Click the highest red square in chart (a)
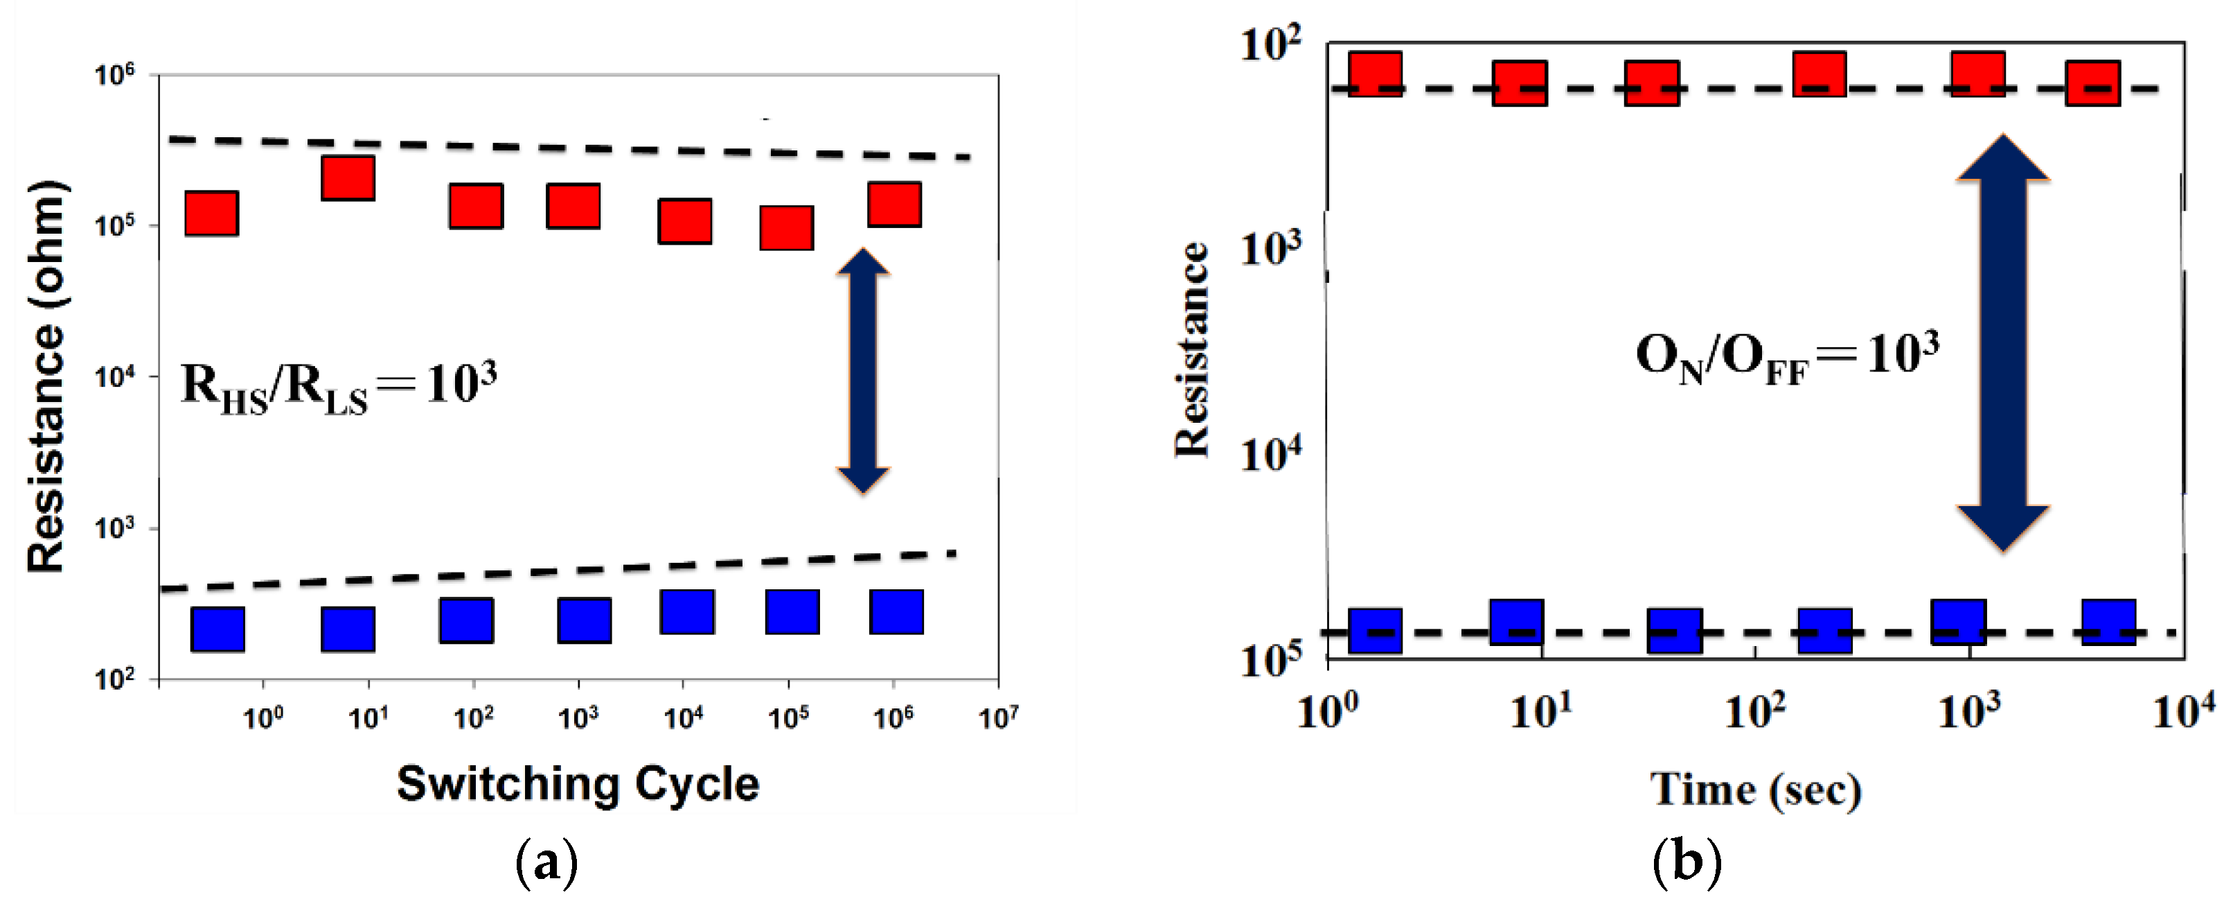point(348,177)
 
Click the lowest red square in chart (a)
point(786,228)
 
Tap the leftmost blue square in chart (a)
point(217,629)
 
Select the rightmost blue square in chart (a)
point(896,611)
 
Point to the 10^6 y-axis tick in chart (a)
point(115,76)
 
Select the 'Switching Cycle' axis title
point(578,784)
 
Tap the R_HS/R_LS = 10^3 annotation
point(339,387)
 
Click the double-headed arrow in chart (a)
point(862,372)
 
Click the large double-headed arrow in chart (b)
point(2002,342)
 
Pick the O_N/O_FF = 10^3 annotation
point(1786,357)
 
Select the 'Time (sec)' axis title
point(1755,790)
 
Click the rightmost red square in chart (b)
point(2092,83)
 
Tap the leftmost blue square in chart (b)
point(1375,631)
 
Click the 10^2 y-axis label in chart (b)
point(1271,44)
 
